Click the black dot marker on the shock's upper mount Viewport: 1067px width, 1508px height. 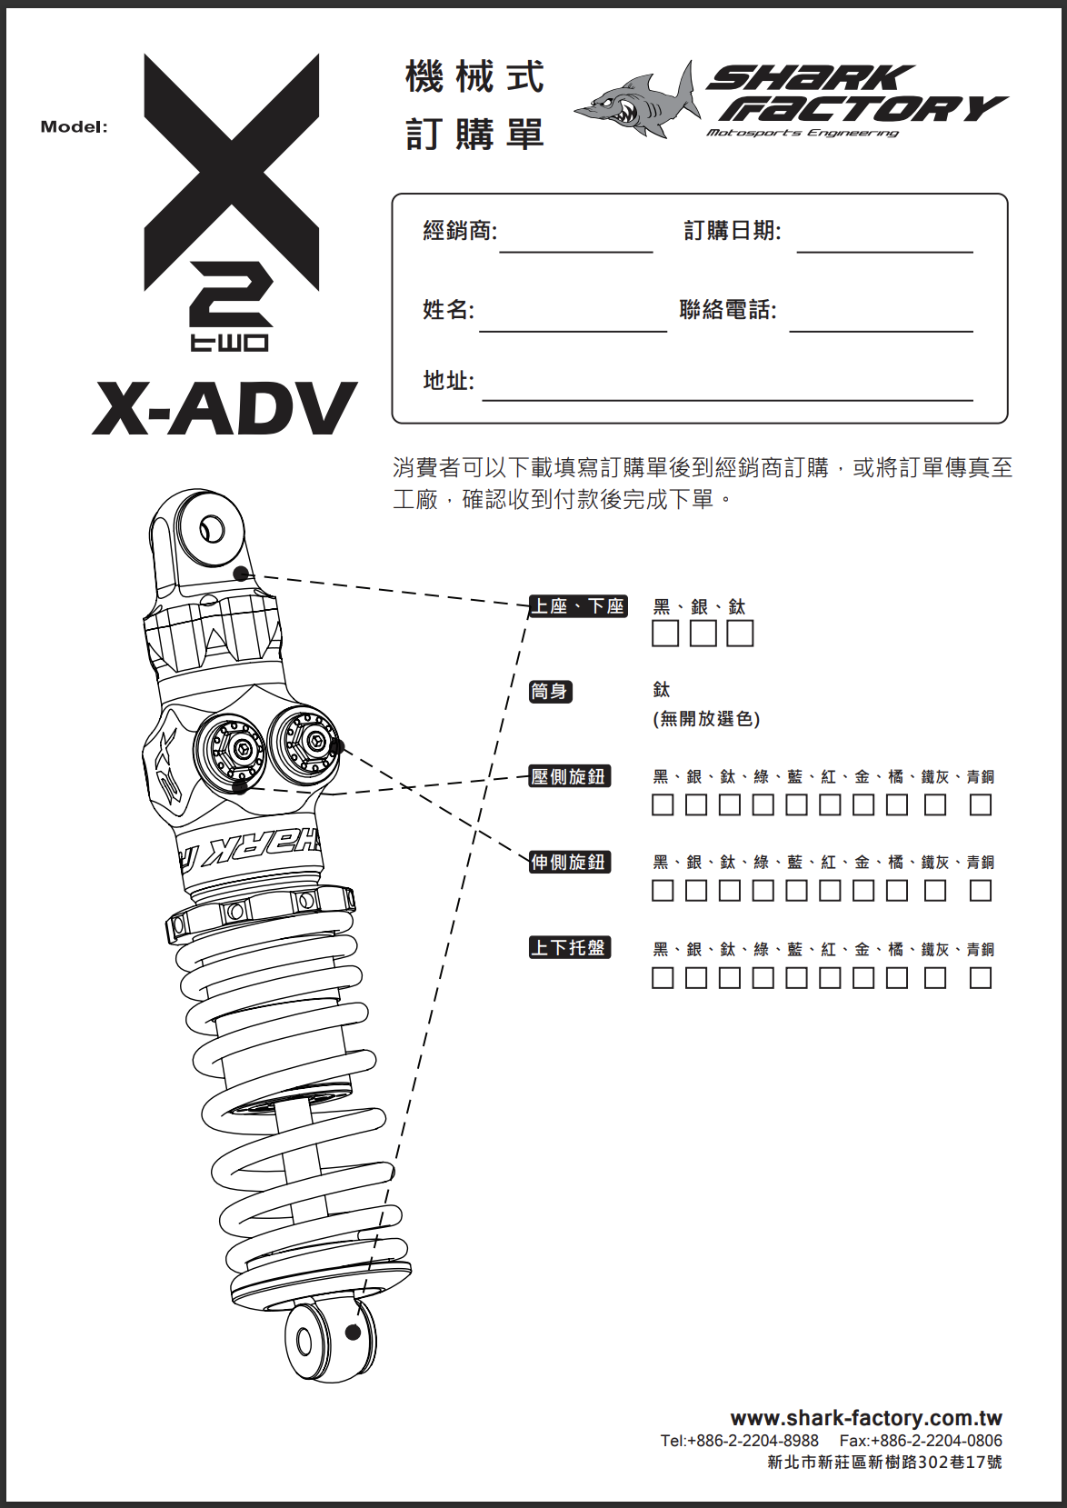[241, 574]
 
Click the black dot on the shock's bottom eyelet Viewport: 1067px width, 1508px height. [352, 1333]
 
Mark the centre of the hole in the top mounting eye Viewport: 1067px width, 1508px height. [213, 529]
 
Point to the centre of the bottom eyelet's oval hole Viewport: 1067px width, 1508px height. [305, 1343]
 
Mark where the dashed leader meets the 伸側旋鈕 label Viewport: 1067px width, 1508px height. [530, 861]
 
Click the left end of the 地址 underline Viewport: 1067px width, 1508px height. [483, 400]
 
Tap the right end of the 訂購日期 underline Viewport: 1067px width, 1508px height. [972, 253]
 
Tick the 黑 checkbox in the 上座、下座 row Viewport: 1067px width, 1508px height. [664, 634]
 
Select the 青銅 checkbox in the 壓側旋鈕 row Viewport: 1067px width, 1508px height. [980, 804]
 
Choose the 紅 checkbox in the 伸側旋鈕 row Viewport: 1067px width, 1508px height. [830, 891]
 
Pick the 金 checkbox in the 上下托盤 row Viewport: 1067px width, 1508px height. [863, 978]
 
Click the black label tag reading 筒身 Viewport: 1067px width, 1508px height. [551, 692]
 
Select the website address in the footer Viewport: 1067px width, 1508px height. [866, 1418]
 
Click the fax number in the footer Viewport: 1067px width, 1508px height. [921, 1441]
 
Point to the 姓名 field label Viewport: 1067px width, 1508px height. [448, 310]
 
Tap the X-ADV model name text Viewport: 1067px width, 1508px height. [224, 408]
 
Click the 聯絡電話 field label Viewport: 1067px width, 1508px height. [728, 310]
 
